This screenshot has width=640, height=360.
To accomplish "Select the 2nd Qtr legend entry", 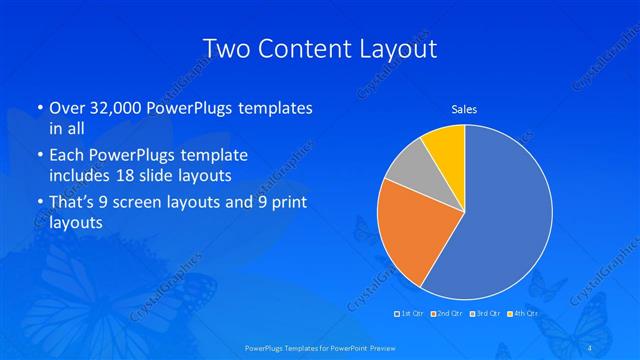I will click(447, 314).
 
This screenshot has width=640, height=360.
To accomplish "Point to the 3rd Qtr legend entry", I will click(485, 314).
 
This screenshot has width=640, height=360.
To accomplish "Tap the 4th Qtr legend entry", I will click(523, 314).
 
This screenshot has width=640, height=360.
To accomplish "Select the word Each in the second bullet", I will click(67, 155).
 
